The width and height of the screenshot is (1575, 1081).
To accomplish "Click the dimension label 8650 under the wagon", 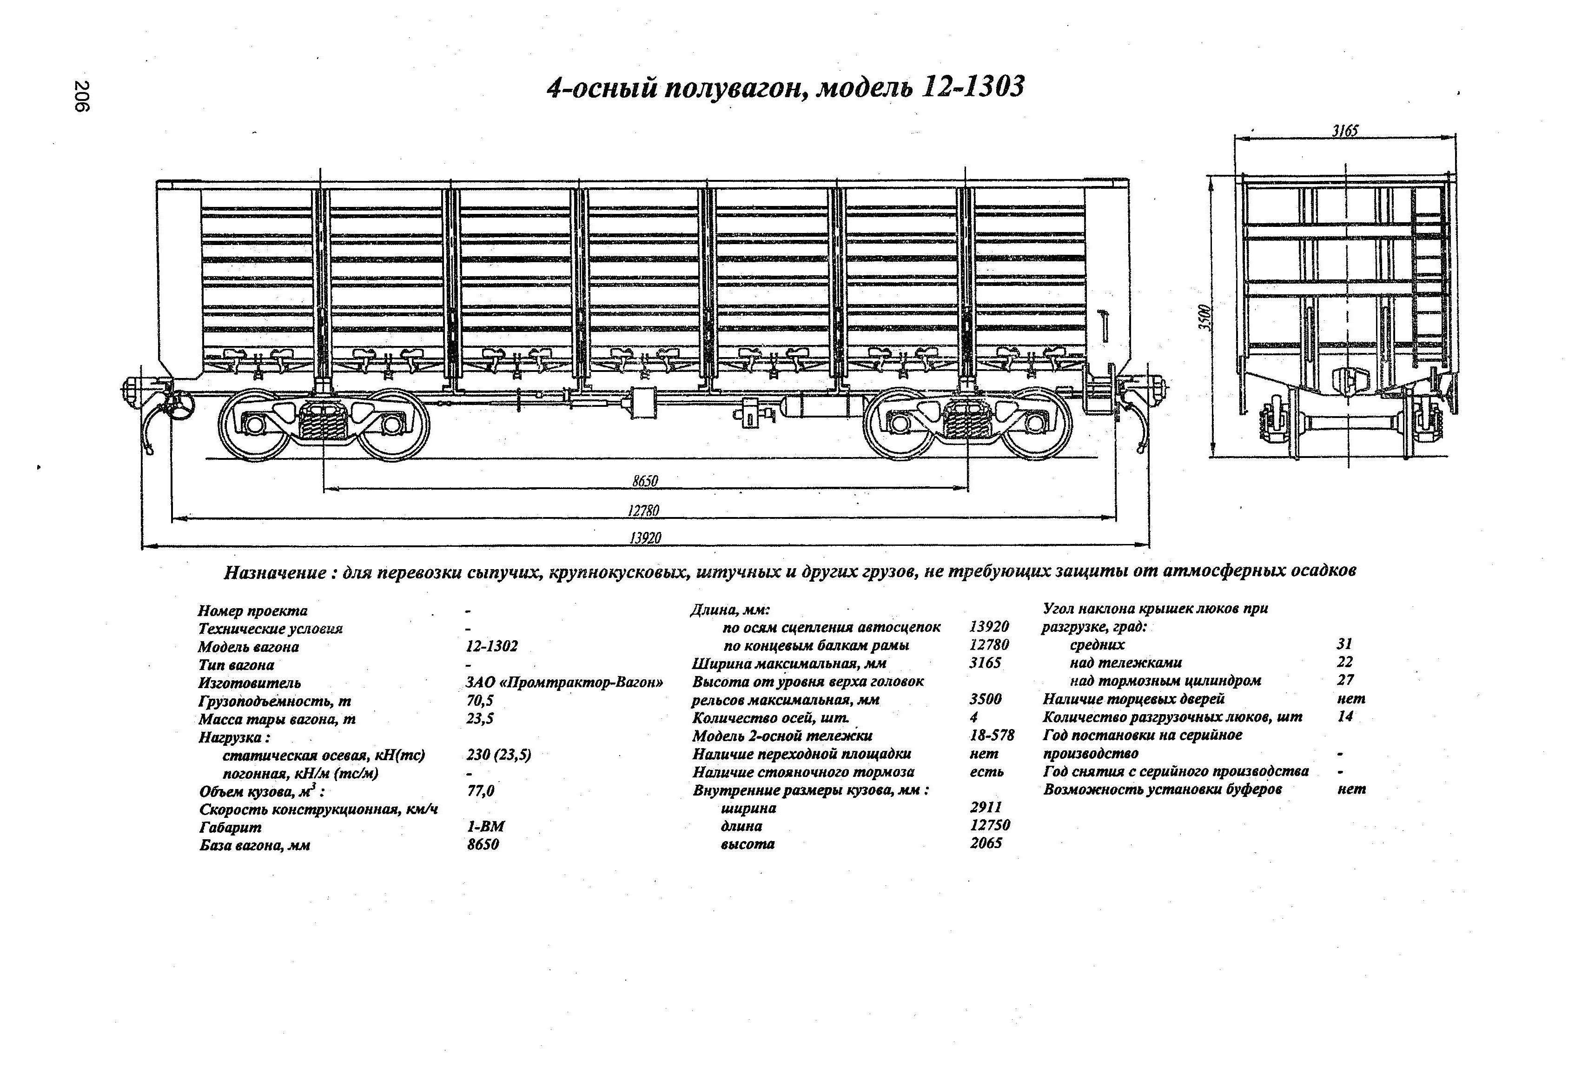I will point(644,481).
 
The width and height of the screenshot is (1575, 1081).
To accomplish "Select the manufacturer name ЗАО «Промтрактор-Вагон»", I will point(564,683).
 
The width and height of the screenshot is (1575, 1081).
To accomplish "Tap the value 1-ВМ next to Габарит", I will point(485,826).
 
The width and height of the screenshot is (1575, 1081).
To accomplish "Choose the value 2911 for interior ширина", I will point(986,807).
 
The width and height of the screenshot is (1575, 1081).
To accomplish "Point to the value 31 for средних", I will point(1344,644).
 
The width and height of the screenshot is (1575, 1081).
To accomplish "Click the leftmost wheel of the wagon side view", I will point(255,425).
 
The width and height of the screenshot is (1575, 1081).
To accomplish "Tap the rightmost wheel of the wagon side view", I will point(1034,424).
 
